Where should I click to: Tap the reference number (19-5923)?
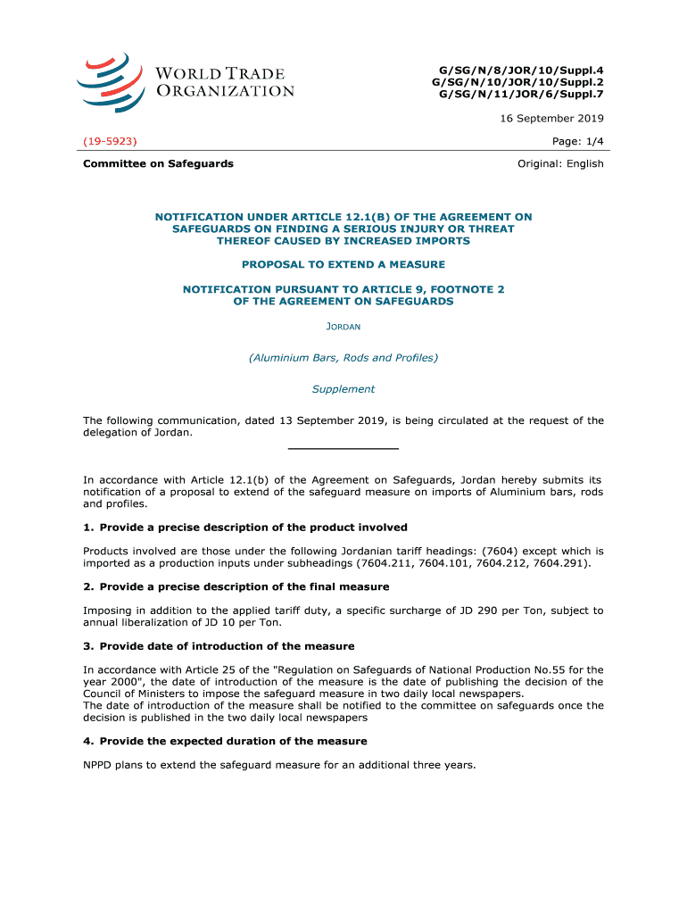pos(110,141)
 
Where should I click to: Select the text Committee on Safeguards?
pos(158,163)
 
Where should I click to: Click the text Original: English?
pos(560,163)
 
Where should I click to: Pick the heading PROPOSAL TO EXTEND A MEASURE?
pos(343,264)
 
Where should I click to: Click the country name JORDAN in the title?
pos(343,327)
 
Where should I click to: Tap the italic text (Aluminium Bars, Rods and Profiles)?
pos(343,358)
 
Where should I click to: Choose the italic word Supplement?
pos(343,389)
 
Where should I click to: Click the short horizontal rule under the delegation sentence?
pos(343,448)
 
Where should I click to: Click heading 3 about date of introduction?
pos(227,645)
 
